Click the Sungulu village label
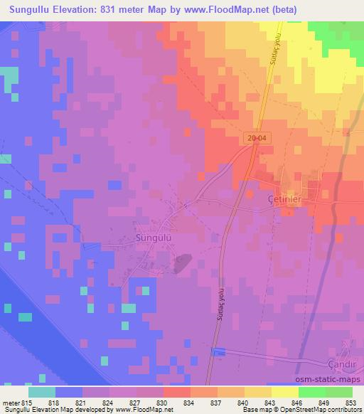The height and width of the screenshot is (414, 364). pos(152,239)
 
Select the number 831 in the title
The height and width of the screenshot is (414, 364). pos(124,10)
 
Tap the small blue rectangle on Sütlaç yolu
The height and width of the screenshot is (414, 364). pos(218,353)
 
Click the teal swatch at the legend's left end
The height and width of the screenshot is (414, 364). pos(42,392)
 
